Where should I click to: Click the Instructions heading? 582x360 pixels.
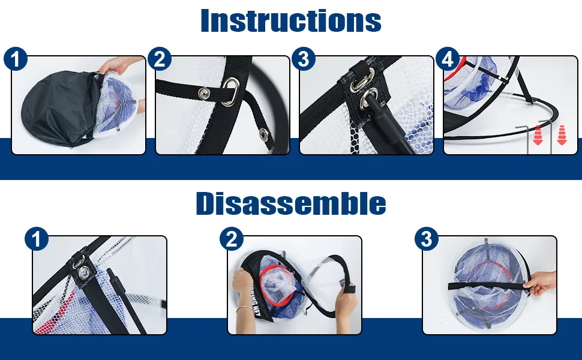tap(290, 20)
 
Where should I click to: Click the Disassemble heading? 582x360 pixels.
tap(291, 203)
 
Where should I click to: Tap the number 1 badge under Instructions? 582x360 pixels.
tap(16, 59)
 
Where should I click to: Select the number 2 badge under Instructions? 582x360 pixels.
tap(160, 59)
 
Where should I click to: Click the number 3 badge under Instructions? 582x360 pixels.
tap(304, 59)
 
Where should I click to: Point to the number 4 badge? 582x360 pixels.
tap(448, 59)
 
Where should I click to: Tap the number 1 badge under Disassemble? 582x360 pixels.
tap(37, 239)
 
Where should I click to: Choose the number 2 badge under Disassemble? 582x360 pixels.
tap(232, 239)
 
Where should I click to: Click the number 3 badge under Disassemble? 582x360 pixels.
tap(427, 239)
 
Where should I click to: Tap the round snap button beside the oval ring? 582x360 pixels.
tap(204, 93)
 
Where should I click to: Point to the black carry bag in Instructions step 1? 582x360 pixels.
tap(59, 107)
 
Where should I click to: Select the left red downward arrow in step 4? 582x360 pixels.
tap(538, 135)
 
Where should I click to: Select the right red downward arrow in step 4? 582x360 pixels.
tap(562, 135)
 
